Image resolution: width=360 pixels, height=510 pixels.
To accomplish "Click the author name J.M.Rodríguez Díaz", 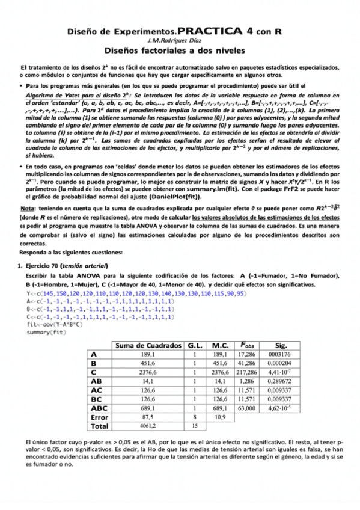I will coord(180,40).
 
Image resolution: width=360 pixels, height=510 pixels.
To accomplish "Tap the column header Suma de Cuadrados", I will coord(139,345).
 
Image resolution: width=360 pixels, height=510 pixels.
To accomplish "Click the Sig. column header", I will coord(264,345).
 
